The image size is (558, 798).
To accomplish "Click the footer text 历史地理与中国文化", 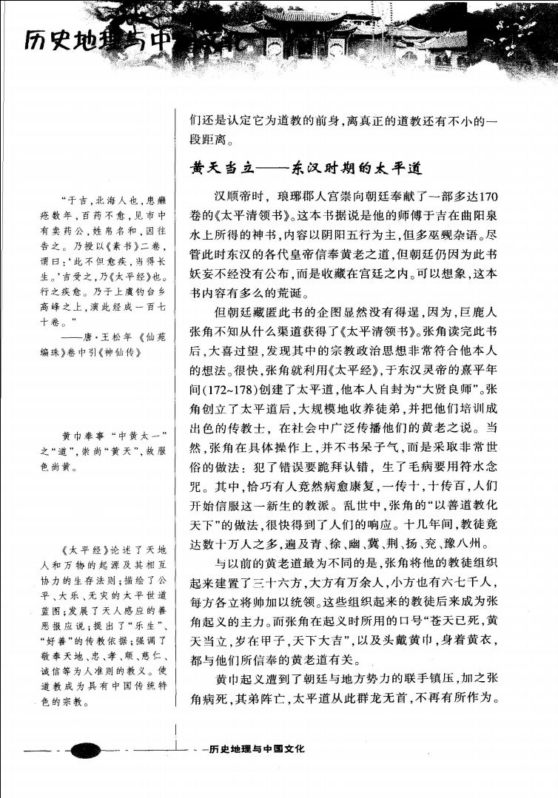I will click(257, 748).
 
